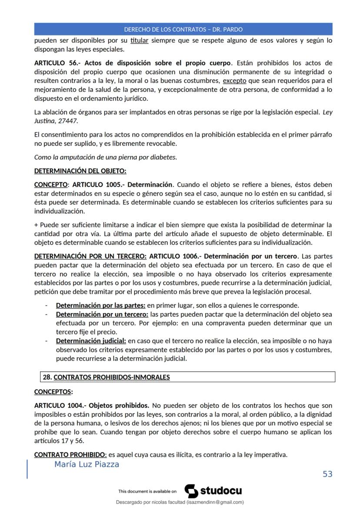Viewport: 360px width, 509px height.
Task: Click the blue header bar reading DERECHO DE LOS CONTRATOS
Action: (x=183, y=30)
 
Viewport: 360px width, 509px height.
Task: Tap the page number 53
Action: (x=327, y=474)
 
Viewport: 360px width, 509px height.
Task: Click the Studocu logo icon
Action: (x=191, y=491)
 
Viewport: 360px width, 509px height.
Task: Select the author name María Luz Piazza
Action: (x=87, y=465)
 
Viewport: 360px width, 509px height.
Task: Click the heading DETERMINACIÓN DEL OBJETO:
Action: (x=80, y=171)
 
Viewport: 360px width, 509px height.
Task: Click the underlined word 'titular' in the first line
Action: (x=140, y=40)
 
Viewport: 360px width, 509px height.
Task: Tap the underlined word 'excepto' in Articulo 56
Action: (x=234, y=80)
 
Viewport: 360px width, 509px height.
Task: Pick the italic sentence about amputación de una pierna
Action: (x=106, y=157)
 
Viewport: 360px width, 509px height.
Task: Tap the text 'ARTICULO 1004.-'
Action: (x=60, y=406)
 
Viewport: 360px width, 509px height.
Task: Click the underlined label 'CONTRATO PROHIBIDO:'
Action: (x=70, y=455)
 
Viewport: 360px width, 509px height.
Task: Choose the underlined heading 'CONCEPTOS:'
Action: (x=53, y=392)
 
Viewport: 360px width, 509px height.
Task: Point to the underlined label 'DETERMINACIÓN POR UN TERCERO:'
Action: (x=90, y=256)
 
